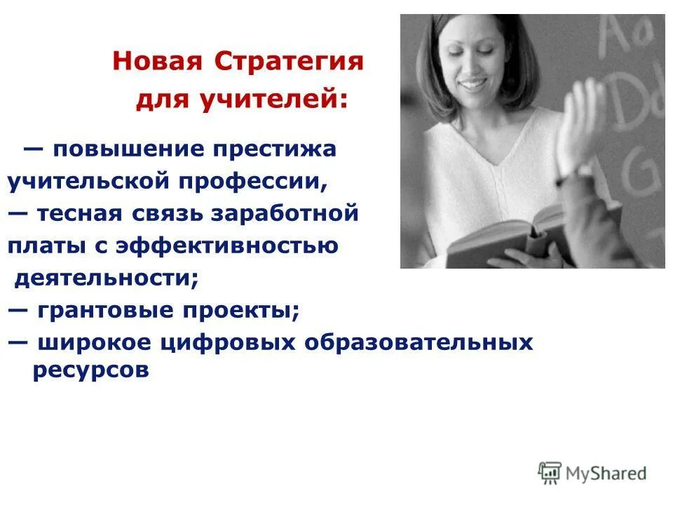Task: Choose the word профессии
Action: [252, 182]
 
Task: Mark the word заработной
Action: [303, 213]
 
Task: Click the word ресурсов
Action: [91, 371]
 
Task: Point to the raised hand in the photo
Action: [578, 123]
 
